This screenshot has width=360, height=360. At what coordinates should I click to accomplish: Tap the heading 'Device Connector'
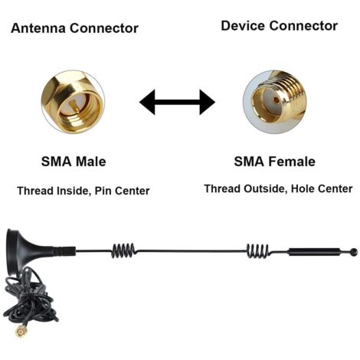coord(279,26)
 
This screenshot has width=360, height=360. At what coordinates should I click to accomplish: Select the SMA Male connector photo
coord(73,102)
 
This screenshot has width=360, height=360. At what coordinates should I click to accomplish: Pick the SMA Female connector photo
coord(274,100)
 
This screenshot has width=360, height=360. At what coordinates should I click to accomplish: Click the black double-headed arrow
coord(177,102)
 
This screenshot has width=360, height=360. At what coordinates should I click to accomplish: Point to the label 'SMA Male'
coord(73,162)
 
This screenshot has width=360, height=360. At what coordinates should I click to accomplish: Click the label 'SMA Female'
coord(274,162)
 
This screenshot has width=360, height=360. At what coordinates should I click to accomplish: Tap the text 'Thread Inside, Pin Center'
coord(83,190)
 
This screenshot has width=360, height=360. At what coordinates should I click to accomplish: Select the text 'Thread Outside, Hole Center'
coord(278,188)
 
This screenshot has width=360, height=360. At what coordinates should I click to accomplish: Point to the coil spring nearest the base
coord(123,250)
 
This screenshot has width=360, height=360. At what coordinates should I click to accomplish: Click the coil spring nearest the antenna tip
coord(258,250)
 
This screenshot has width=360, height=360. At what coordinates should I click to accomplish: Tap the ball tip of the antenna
coord(353,251)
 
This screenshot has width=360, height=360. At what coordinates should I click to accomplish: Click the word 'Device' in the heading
coord(243,26)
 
